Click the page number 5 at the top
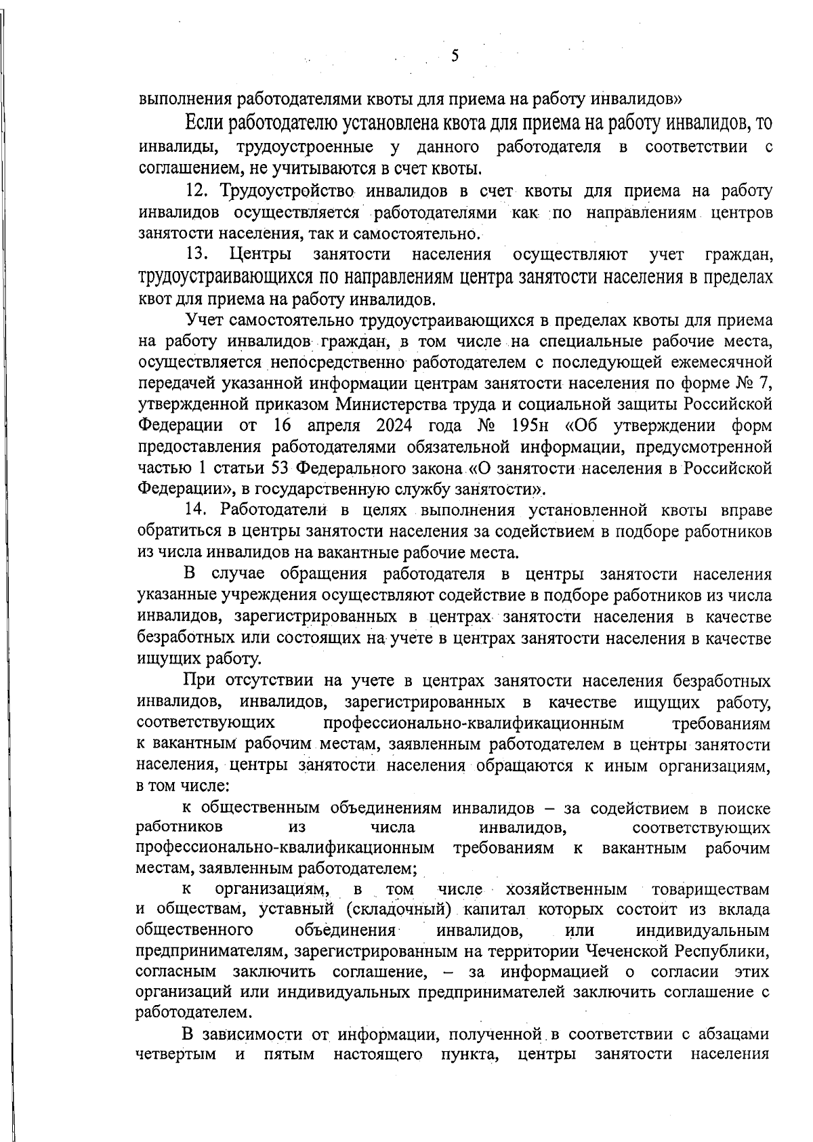(455, 56)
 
